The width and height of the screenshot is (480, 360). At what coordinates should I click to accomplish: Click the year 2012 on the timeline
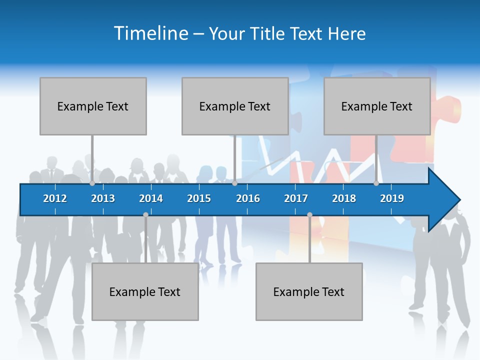click(55, 198)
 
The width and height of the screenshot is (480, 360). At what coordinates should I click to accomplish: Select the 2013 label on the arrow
click(103, 198)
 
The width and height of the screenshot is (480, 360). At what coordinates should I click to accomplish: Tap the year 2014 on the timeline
click(151, 198)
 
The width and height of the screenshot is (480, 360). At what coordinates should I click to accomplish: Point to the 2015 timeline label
click(199, 198)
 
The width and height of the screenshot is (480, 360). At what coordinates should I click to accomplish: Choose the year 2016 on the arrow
click(248, 198)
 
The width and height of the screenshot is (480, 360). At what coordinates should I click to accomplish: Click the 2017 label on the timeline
click(296, 198)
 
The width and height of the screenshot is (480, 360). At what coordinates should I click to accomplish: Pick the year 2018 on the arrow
click(344, 198)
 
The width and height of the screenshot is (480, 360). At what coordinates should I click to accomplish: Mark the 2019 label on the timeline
click(392, 198)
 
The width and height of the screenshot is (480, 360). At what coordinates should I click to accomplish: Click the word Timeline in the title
click(150, 33)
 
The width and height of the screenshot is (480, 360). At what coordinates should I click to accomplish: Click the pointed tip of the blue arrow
click(458, 200)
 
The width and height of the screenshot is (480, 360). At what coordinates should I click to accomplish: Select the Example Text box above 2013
click(93, 106)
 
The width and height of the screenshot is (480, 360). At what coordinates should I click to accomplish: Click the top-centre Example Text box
click(235, 106)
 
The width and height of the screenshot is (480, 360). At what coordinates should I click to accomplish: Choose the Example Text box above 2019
click(377, 106)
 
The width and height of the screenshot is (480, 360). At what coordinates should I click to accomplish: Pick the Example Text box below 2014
click(145, 291)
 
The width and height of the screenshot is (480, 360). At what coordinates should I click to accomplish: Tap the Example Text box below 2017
click(309, 291)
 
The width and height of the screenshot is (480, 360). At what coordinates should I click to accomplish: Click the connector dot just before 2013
click(92, 183)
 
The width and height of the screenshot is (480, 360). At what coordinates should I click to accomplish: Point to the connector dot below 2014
click(145, 215)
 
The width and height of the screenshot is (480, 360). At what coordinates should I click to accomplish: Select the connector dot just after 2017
click(309, 215)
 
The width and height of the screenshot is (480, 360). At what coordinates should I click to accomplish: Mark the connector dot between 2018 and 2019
click(376, 183)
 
